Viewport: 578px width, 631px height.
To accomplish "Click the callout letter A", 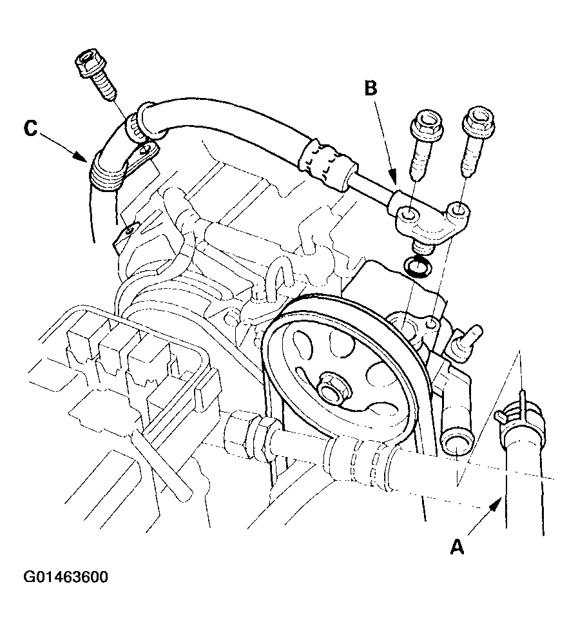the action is [x=457, y=547].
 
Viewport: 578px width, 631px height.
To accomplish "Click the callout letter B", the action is [x=371, y=88].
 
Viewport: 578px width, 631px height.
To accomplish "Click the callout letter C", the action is [x=30, y=129].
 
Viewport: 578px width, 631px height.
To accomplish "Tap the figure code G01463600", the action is [x=66, y=577].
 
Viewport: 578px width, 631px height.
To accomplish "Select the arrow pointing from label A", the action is [x=485, y=516].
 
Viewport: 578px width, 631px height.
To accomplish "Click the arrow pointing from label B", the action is [x=385, y=141].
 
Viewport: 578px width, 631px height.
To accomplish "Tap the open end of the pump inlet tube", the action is [x=457, y=443].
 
